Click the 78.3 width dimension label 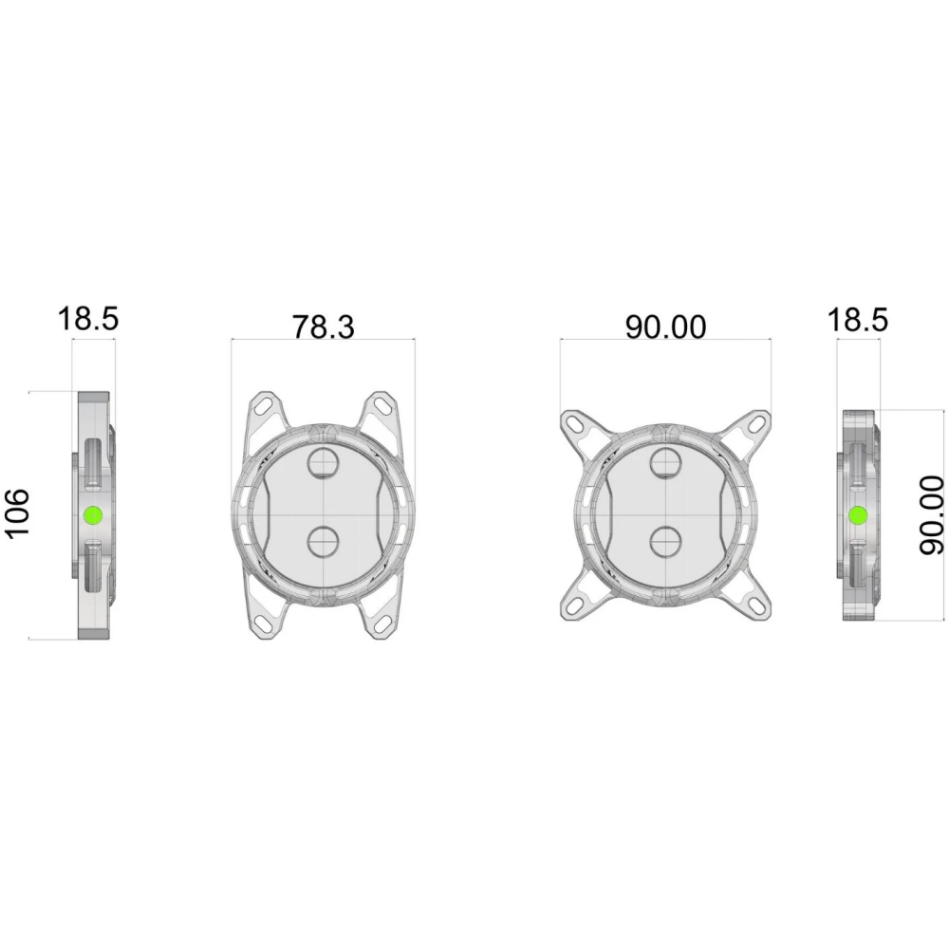324,326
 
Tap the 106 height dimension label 17,512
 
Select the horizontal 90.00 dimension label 665,326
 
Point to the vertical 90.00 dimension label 931,515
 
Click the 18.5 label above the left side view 88,319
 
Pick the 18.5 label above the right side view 858,320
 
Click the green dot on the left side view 93,515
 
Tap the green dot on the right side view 858,515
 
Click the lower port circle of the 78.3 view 324,542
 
